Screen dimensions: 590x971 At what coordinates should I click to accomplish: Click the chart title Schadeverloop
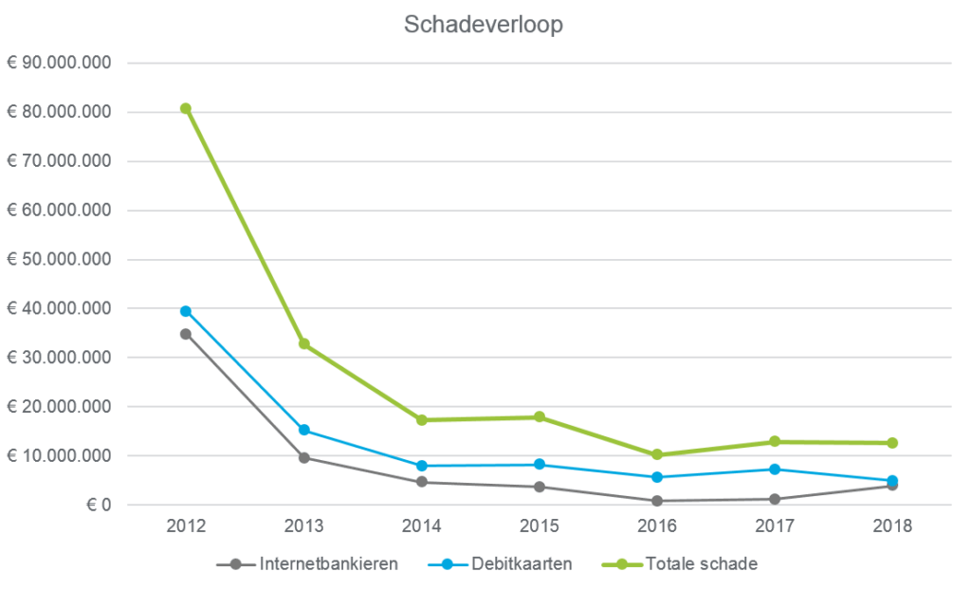click(x=484, y=25)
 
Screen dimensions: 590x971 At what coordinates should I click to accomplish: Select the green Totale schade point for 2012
click(x=186, y=108)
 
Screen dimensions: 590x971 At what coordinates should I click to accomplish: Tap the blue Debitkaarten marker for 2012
click(x=186, y=311)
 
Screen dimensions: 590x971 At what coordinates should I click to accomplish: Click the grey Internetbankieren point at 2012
click(x=186, y=334)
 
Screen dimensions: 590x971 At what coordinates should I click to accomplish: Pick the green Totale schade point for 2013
click(x=304, y=344)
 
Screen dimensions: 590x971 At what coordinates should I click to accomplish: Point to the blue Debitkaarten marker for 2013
click(x=304, y=430)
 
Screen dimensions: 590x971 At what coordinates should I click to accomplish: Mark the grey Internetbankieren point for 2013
click(x=304, y=457)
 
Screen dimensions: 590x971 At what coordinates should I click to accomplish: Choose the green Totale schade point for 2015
click(x=540, y=417)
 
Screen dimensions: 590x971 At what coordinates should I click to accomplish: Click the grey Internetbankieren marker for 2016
click(x=657, y=501)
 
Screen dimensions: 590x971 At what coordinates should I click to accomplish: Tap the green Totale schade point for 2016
click(x=657, y=454)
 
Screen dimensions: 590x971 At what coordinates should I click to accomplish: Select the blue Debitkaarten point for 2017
click(x=775, y=469)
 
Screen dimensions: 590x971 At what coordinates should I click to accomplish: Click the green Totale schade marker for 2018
click(x=892, y=443)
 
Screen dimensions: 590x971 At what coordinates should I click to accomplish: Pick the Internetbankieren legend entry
click(x=307, y=564)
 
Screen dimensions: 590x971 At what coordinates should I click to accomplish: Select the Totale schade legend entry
click(x=682, y=564)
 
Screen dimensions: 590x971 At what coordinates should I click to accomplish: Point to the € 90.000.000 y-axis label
click(x=60, y=64)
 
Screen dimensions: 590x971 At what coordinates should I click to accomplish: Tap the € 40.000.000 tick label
click(x=60, y=308)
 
